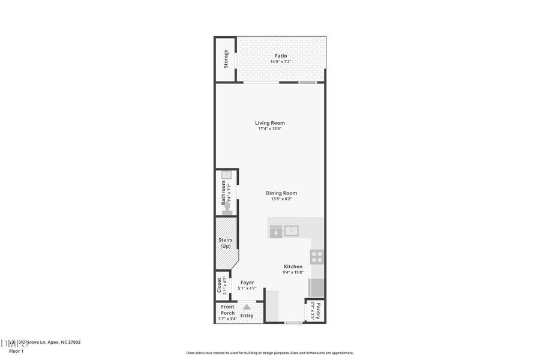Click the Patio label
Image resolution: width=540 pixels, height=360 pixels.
281,56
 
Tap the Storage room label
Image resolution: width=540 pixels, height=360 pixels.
226,58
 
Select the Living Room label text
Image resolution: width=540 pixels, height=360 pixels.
270,123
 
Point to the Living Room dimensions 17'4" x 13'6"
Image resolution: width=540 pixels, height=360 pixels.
270,129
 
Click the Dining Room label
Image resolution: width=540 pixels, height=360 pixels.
281,193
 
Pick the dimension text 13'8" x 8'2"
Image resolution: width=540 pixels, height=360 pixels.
281,199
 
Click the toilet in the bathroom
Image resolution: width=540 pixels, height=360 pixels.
227,208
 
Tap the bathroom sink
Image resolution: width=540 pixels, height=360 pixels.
226,175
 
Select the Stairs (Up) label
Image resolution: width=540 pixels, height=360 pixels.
225,243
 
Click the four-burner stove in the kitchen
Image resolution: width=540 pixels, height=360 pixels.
317,257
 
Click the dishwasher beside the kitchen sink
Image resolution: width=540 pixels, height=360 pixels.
275,232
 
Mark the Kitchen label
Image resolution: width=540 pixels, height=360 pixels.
293,266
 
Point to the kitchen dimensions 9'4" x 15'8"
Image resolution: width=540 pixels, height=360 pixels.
293,272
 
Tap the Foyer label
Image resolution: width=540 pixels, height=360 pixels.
247,283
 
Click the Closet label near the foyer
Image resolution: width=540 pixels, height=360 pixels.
219,286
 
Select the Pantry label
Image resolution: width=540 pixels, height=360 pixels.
319,311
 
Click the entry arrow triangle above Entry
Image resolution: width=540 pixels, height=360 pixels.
247,307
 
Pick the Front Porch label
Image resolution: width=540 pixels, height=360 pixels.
228,310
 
